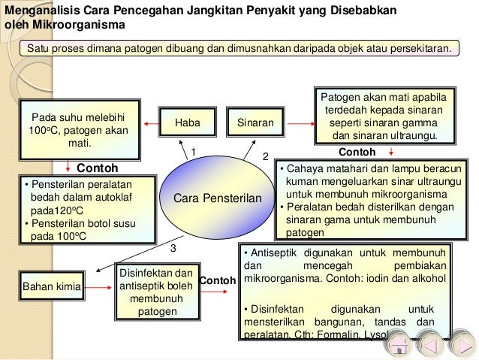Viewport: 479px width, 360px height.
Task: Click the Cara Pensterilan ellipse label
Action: pyautogui.click(x=217, y=198)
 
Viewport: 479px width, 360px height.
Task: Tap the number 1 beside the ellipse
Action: pyautogui.click(x=192, y=151)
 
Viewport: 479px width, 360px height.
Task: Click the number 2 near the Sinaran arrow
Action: pyautogui.click(x=264, y=156)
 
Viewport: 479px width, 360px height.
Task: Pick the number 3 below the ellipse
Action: pyautogui.click(x=173, y=247)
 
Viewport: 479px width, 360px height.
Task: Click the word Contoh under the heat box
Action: pyautogui.click(x=98, y=168)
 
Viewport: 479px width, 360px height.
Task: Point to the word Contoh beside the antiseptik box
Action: pyautogui.click(x=218, y=280)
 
